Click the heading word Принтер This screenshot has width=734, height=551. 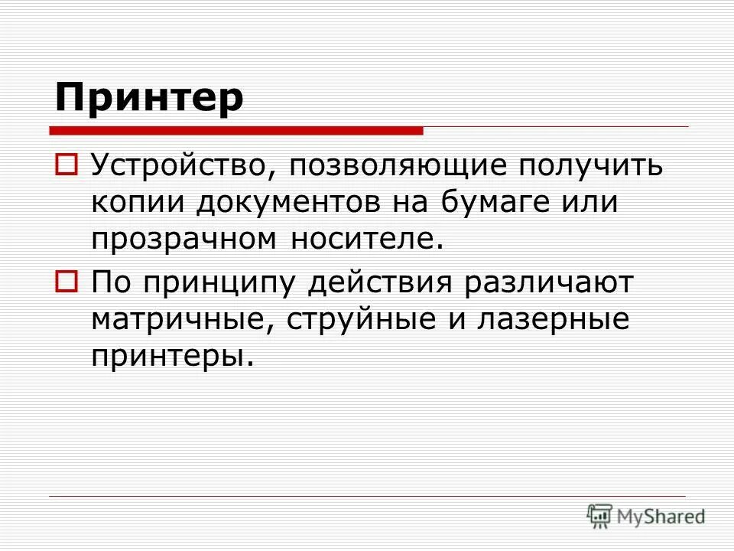150,98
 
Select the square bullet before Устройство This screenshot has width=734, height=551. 66,164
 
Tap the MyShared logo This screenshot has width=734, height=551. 647,516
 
